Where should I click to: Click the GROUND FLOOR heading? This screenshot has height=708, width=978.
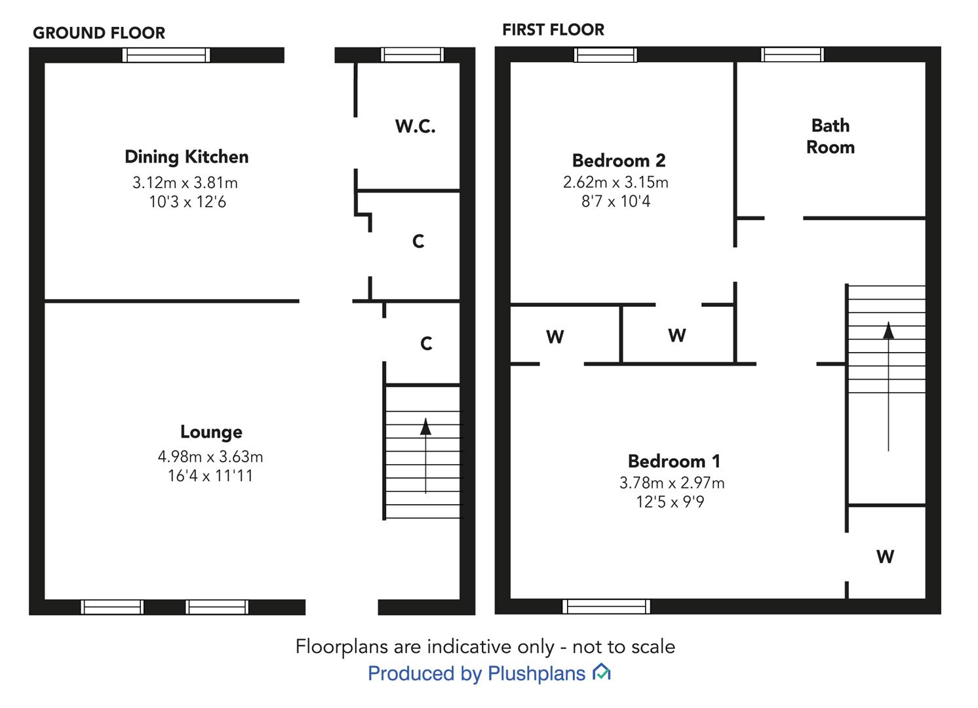pos(99,33)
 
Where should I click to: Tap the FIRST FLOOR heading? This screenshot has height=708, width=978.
pos(553,29)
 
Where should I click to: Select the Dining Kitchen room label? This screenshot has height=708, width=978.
pos(187,157)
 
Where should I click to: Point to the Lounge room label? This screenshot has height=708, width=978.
pos(211,433)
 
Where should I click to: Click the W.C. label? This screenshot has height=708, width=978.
pos(415,127)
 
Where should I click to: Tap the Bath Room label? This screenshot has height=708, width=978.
pos(831,136)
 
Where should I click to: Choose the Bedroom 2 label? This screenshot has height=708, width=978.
pos(619,161)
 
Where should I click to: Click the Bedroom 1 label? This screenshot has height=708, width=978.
pos(674,462)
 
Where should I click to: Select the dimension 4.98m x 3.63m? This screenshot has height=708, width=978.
pos(210,457)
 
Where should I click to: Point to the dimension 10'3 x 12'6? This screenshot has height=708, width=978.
pos(187,202)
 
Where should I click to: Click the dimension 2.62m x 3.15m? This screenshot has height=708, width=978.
pos(616,182)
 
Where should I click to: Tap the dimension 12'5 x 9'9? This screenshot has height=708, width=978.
pos(670,502)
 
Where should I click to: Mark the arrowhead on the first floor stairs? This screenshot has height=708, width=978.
pos(888,330)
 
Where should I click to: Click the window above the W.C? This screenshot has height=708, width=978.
pos(412,54)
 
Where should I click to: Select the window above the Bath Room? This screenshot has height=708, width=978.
pos(792,54)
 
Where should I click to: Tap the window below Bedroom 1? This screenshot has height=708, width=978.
pos(606,606)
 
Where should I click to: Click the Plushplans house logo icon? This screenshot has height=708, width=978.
pos(602,672)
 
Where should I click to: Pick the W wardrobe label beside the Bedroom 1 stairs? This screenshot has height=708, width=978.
pos(885,557)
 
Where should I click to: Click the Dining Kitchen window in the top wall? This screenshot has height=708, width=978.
pos(166,55)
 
